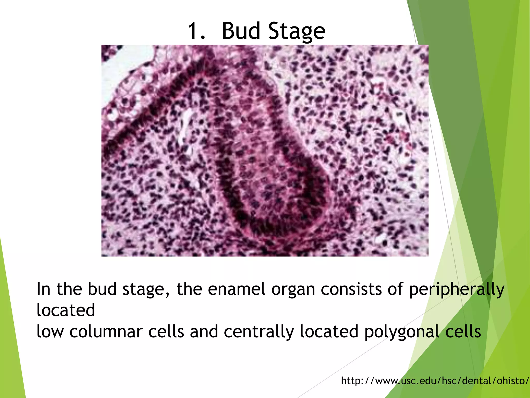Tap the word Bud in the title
(241, 31)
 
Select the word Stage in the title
(297, 32)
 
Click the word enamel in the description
(237, 289)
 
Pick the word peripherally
(457, 290)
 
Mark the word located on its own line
(66, 310)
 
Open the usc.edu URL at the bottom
(435, 381)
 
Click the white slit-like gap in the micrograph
(186, 124)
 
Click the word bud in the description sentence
(102, 289)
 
